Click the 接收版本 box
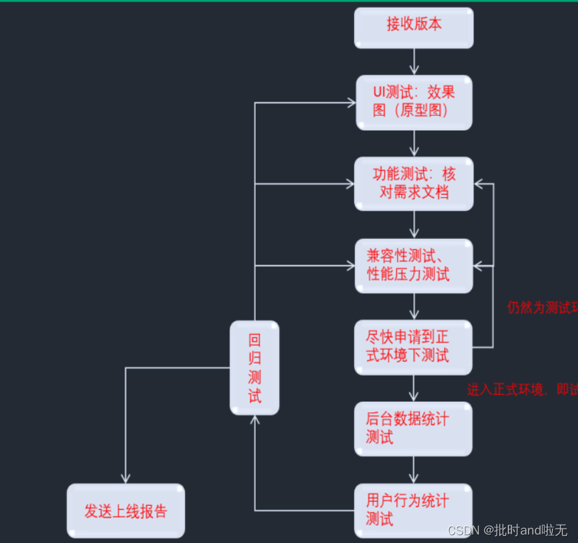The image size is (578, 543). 413,27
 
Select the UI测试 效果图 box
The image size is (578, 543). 413,102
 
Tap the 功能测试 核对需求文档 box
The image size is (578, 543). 413,184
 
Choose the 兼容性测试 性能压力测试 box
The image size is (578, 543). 413,266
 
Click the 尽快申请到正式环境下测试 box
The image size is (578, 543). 413,347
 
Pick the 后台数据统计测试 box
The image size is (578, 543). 413,428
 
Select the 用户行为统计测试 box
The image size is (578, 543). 413,510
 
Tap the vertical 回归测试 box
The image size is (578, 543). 255,368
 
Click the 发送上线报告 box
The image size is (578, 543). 126,510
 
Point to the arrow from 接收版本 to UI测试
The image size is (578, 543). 414,62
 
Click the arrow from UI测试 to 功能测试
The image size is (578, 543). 414,143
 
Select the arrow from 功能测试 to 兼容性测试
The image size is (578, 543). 414,225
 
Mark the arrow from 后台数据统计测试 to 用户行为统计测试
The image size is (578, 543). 413,469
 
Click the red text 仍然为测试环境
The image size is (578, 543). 542,307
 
